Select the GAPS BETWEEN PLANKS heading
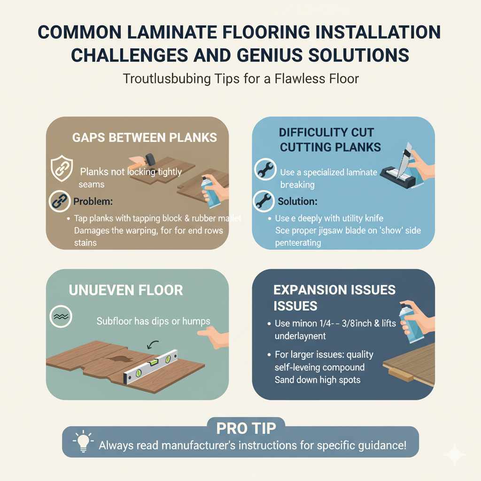(145, 138)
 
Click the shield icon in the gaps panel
(61, 169)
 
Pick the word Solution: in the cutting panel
(297, 201)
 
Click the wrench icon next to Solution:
(264, 201)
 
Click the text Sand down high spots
(317, 380)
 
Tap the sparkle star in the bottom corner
(454, 454)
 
